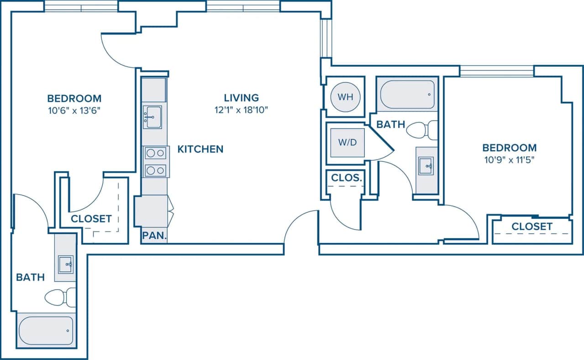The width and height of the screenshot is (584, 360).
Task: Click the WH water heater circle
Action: click(346, 97)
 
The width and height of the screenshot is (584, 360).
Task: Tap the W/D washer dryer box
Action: click(347, 142)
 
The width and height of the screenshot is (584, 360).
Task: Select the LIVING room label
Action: click(241, 98)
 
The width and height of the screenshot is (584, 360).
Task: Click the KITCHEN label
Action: click(200, 149)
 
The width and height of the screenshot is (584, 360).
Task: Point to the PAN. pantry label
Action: click(154, 236)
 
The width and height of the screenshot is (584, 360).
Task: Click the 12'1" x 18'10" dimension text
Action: click(241, 110)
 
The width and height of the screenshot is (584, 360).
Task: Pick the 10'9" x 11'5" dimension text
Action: click(509, 160)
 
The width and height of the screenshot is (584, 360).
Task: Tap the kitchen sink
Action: click(152, 117)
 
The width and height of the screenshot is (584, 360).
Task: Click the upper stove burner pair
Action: click(155, 154)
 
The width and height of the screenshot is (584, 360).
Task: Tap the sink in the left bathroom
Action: click(66, 265)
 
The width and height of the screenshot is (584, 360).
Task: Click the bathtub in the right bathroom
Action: click(407, 95)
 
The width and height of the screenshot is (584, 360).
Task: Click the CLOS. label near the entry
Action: click(347, 178)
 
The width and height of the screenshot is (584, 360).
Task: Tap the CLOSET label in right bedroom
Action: click(531, 227)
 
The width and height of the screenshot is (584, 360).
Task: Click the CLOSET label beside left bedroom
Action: click(91, 219)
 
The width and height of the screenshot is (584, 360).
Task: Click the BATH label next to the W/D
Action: click(391, 124)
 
